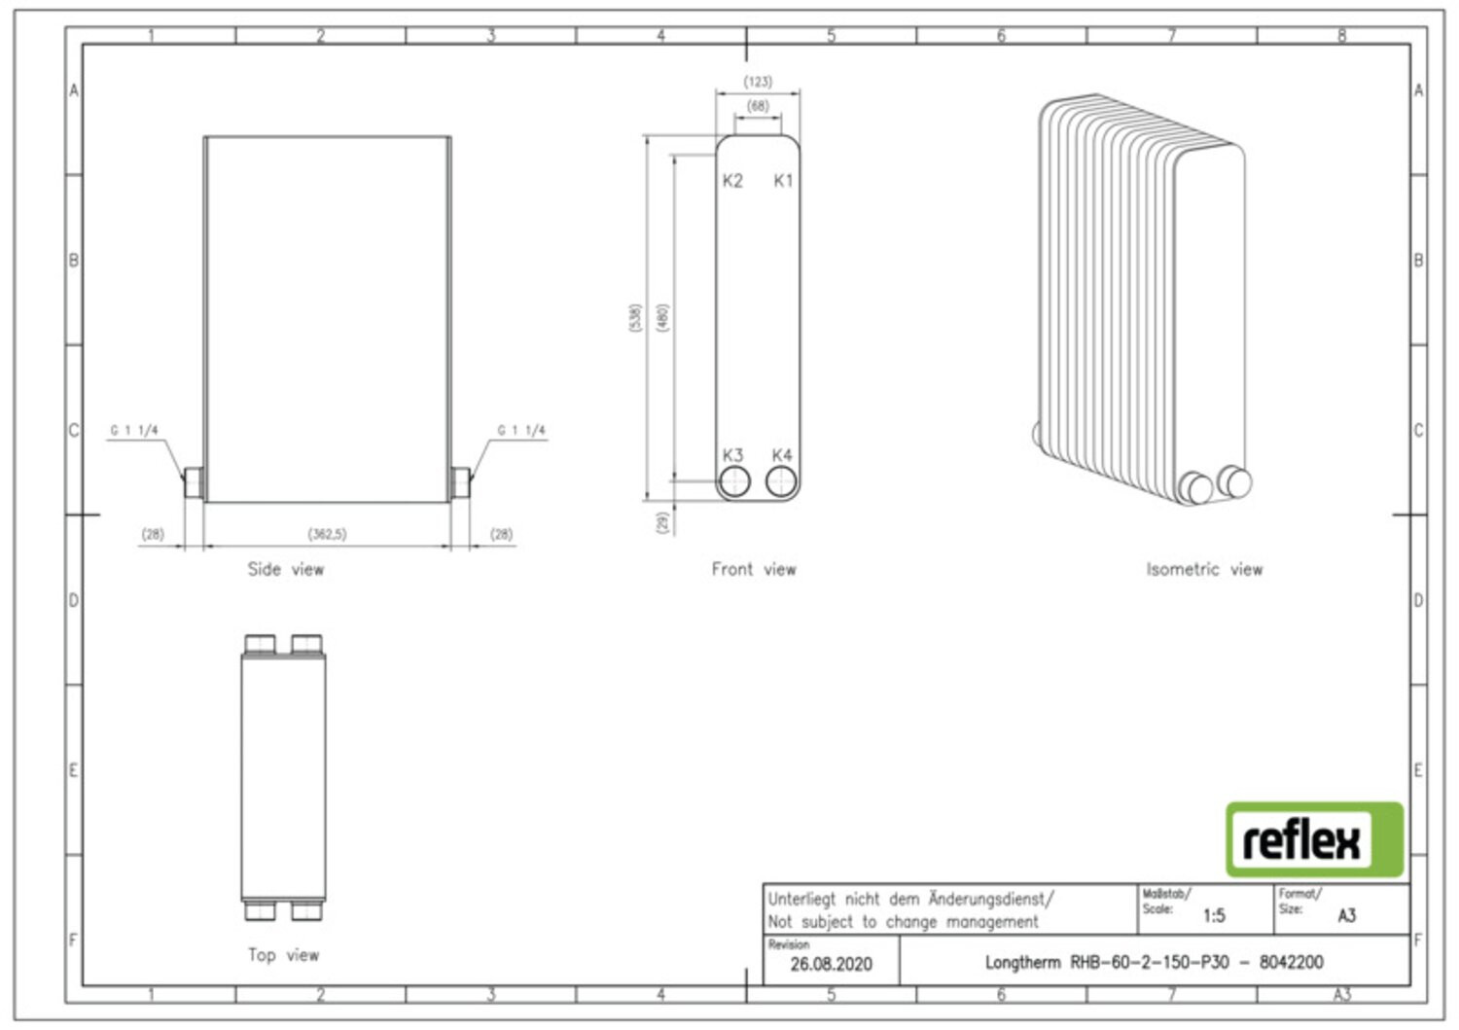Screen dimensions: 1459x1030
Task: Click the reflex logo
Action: click(1314, 839)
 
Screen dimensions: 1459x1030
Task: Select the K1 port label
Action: click(783, 181)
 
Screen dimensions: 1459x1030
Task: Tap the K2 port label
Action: click(732, 181)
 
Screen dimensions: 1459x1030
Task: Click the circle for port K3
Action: click(734, 481)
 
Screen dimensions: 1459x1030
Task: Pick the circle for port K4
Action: click(781, 481)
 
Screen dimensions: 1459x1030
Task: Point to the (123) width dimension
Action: click(758, 82)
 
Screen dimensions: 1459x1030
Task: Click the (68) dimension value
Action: click(758, 106)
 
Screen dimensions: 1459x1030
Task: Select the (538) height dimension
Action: click(635, 318)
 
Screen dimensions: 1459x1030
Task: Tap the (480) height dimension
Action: click(662, 318)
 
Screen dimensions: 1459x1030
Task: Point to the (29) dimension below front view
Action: click(663, 522)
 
